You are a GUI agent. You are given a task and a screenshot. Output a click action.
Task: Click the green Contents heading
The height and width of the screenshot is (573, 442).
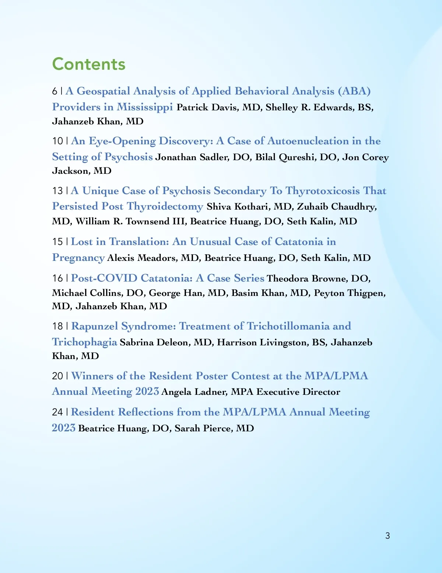coord(89,64)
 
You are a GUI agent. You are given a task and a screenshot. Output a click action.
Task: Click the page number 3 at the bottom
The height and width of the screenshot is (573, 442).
coord(387,535)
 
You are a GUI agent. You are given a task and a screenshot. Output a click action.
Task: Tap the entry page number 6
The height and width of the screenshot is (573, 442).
coord(55,91)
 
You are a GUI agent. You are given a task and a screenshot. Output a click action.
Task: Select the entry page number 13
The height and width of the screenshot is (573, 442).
coord(57,191)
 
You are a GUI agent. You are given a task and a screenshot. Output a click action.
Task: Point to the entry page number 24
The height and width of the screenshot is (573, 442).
coord(57,412)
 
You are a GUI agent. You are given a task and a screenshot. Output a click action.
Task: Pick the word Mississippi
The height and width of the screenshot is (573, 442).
coord(144,107)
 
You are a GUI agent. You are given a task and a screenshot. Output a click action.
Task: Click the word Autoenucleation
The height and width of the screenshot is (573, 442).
coord(308,141)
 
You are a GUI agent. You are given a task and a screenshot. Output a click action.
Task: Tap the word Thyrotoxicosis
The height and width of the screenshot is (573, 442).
coord(323,191)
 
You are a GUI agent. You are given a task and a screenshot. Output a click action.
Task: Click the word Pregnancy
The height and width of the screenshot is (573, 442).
coord(78,258)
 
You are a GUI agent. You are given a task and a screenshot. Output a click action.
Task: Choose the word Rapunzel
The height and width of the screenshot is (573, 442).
coord(95,326)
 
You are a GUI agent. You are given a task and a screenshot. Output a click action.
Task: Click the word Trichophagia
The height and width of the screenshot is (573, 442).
coord(84,342)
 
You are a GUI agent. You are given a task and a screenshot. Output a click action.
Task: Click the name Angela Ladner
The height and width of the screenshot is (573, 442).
coord(194,392)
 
